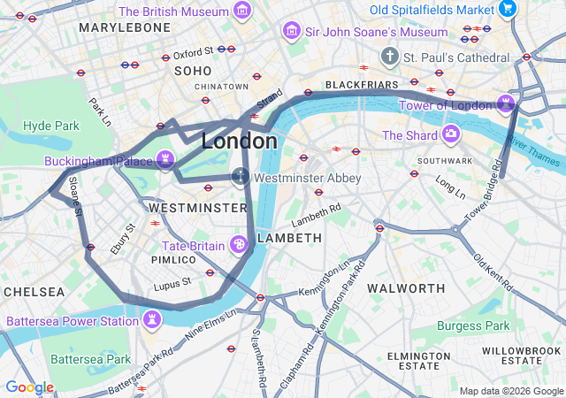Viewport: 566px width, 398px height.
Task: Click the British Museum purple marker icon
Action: [x=241, y=11]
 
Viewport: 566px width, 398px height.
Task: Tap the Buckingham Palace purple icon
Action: [x=164, y=160]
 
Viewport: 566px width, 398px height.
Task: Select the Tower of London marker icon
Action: [x=506, y=105]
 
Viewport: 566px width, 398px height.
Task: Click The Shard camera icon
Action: [x=451, y=134]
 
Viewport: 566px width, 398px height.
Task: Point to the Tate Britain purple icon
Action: [x=238, y=243]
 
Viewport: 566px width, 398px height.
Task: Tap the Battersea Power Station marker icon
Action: [x=153, y=318]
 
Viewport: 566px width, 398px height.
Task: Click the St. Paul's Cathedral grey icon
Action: [x=389, y=57]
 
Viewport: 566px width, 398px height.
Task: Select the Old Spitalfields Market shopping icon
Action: [x=507, y=9]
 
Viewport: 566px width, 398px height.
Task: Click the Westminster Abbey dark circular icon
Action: [x=240, y=176]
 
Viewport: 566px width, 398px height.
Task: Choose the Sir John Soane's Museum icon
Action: [x=290, y=32]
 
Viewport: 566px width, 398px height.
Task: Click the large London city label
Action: [x=239, y=142]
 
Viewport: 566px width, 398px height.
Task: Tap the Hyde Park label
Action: [x=51, y=126]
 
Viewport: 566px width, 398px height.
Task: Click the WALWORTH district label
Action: [x=406, y=288]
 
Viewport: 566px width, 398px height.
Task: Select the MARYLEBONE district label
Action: [x=124, y=27]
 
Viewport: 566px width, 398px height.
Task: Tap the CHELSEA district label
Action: [x=34, y=291]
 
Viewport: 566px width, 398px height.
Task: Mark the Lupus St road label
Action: [x=173, y=283]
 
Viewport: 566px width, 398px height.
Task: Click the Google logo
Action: [x=29, y=387]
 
